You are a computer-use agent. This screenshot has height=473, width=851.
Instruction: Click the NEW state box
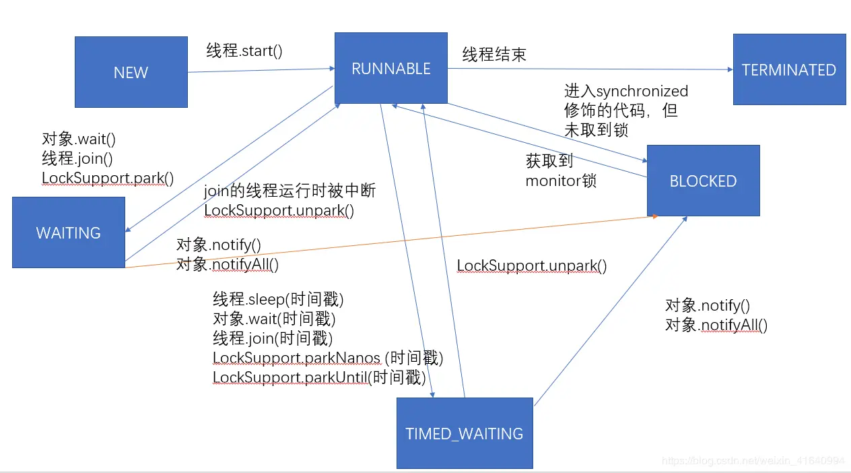pyautogui.click(x=131, y=72)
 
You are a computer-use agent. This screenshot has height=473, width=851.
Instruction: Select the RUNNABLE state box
pyautogui.click(x=391, y=68)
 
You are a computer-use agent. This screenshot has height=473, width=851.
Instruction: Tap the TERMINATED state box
pyautogui.click(x=789, y=70)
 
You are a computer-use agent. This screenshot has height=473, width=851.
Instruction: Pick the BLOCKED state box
pyautogui.click(x=703, y=181)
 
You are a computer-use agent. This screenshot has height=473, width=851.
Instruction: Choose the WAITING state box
pyautogui.click(x=69, y=232)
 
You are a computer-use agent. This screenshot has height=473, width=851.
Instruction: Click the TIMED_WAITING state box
pyautogui.click(x=465, y=433)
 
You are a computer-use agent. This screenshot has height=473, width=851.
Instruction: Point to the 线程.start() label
pyautogui.click(x=244, y=51)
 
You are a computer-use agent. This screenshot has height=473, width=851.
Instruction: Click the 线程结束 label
pyautogui.click(x=494, y=55)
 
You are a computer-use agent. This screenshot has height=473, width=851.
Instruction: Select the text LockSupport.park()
pyautogui.click(x=108, y=179)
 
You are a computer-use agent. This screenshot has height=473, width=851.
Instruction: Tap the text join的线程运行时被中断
pyautogui.click(x=290, y=191)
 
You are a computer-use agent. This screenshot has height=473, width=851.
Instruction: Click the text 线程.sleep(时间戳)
pyautogui.click(x=278, y=299)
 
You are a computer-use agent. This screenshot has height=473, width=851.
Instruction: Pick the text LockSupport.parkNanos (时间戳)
pyautogui.click(x=328, y=358)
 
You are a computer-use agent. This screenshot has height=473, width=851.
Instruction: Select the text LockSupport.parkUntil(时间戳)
pyautogui.click(x=319, y=377)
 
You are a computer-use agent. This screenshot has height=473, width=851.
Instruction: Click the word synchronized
pyautogui.click(x=642, y=91)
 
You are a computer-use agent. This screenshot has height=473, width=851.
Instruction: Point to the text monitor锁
pyautogui.click(x=561, y=181)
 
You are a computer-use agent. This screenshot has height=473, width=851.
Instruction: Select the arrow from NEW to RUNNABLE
pyautogui.click(x=261, y=70)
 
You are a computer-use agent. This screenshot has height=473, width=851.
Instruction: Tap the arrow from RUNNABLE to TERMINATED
pyautogui.click(x=590, y=69)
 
